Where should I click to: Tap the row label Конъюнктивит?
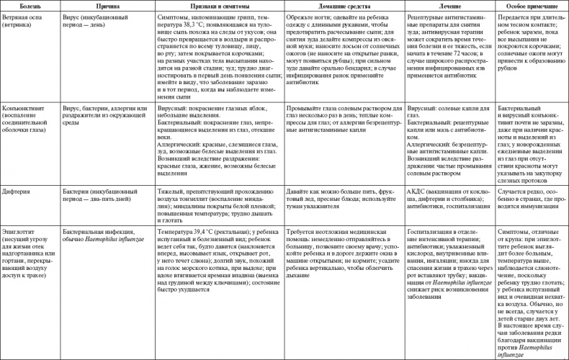tap(27, 109)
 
